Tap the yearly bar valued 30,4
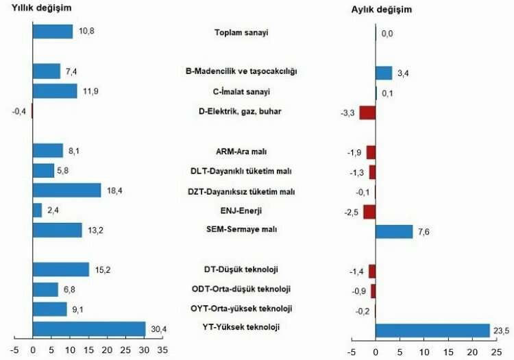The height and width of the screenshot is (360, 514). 89,328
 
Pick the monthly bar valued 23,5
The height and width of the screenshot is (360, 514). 432,331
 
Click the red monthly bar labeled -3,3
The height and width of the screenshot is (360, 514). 367,112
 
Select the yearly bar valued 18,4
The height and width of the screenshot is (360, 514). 66,190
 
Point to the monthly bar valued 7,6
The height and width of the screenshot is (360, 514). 394,231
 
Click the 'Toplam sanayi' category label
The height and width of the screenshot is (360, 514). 241,32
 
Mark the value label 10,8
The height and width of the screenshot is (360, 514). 85,32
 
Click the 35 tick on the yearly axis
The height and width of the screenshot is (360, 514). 162,350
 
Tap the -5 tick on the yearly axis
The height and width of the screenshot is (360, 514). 14,350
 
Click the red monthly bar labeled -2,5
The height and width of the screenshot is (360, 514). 369,211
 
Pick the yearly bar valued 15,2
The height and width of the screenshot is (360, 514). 61,269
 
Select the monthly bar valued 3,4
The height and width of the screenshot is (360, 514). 384,73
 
